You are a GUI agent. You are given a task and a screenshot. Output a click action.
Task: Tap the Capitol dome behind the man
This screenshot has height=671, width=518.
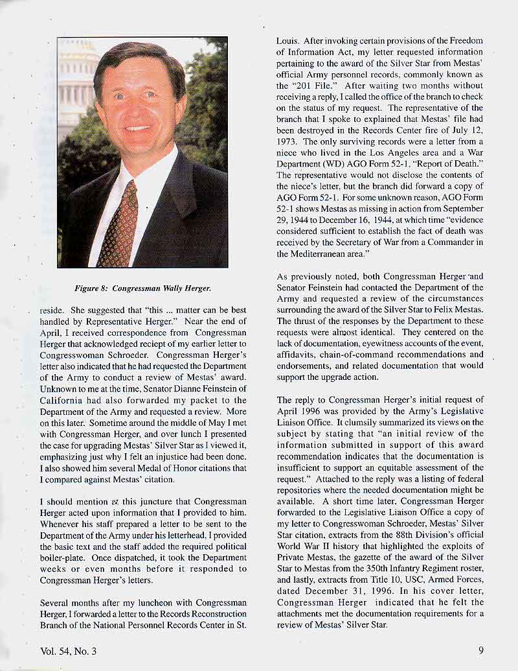[x=76, y=78]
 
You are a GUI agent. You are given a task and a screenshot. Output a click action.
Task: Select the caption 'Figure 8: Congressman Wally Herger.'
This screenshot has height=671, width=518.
[x=142, y=287]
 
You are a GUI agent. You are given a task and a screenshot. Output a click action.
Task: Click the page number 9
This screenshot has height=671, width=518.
[x=481, y=651]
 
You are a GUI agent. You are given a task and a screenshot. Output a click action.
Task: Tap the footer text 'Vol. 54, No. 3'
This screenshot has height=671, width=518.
[x=68, y=651]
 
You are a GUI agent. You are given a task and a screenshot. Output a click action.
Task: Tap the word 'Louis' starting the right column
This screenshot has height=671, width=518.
[x=287, y=40]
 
